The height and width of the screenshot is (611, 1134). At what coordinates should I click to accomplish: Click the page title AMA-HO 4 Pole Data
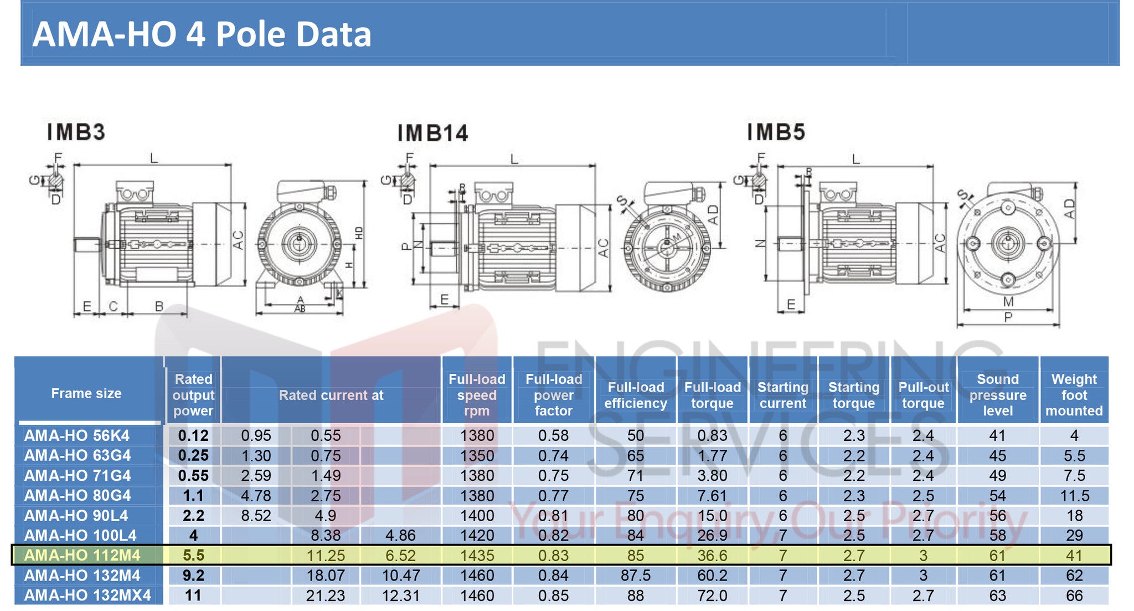(202, 34)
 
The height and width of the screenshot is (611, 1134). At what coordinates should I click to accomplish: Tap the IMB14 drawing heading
(432, 134)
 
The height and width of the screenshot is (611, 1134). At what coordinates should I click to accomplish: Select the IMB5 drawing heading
(776, 132)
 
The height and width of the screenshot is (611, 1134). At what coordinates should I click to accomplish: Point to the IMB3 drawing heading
(76, 132)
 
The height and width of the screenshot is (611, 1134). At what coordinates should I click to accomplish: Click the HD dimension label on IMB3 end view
(359, 233)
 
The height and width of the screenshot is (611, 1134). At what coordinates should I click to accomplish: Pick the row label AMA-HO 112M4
(82, 555)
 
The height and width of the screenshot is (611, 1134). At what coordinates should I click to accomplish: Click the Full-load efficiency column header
(635, 395)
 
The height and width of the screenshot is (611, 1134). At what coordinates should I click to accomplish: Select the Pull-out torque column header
(923, 395)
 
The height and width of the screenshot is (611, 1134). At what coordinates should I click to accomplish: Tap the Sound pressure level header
(997, 395)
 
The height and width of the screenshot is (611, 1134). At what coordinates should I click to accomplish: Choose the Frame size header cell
(86, 393)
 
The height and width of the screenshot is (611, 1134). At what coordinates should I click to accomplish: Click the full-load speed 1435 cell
(477, 555)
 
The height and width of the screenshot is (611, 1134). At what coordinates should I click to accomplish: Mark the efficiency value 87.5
(635, 576)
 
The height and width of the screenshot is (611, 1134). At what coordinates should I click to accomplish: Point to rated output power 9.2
(193, 576)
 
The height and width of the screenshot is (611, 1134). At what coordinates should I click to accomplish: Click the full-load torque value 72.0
(712, 595)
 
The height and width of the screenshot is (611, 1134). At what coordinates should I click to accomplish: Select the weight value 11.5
(1074, 496)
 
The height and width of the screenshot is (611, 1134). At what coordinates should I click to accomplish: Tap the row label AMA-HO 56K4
(76, 435)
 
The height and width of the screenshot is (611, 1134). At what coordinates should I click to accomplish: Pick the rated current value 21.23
(326, 595)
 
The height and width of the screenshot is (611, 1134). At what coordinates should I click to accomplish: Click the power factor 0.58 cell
(553, 435)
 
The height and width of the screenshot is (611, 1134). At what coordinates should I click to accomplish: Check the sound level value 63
(997, 595)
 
